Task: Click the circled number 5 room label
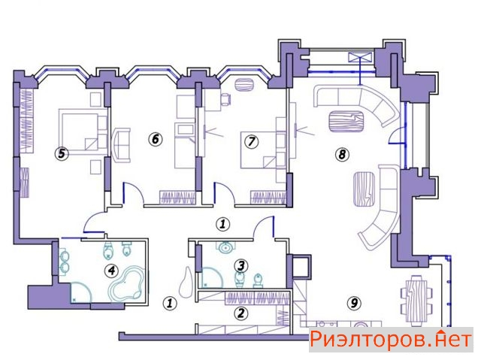(62, 153)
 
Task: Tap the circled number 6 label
(156, 139)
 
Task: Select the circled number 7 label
(252, 141)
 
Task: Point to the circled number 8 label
(342, 154)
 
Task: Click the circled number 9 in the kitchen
(354, 304)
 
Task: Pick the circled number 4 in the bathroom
(111, 271)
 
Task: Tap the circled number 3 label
(240, 266)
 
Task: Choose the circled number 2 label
(240, 313)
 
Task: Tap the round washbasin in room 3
(226, 247)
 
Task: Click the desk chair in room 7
(226, 99)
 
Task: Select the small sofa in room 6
(122, 145)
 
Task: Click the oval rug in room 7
(245, 85)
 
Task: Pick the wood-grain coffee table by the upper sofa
(346, 122)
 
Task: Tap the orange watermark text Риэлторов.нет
(391, 340)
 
